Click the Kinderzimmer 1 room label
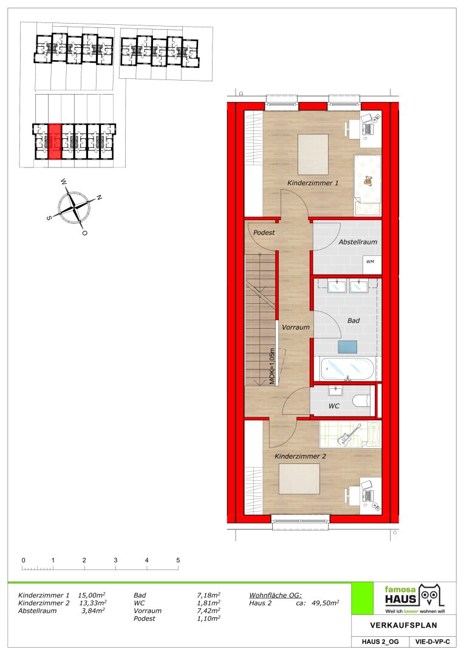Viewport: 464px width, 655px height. pyautogui.click(x=313, y=183)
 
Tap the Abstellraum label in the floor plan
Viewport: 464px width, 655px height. pyautogui.click(x=358, y=242)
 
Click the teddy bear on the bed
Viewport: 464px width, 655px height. pyautogui.click(x=368, y=181)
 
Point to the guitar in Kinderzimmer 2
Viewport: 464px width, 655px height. pyautogui.click(x=349, y=434)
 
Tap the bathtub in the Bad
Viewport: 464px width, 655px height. pyautogui.click(x=346, y=369)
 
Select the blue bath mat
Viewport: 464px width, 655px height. pyautogui.click(x=347, y=347)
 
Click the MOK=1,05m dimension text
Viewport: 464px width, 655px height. pyautogui.click(x=272, y=366)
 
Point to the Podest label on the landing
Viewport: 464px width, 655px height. pyautogui.click(x=264, y=232)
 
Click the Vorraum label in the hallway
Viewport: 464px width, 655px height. pyautogui.click(x=296, y=327)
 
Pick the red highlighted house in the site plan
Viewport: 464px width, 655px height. pyautogui.click(x=55, y=141)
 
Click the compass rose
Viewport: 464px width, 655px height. pyautogui.click(x=75, y=206)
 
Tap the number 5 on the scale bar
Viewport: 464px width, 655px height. pyautogui.click(x=178, y=560)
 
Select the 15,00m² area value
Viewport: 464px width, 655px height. pyautogui.click(x=92, y=596)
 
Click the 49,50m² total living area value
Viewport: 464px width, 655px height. pyautogui.click(x=325, y=603)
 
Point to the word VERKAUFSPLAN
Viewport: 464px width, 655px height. pyautogui.click(x=403, y=625)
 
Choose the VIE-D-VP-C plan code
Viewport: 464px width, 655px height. pyautogui.click(x=432, y=642)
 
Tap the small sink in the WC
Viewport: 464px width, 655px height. pyautogui.click(x=336, y=391)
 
